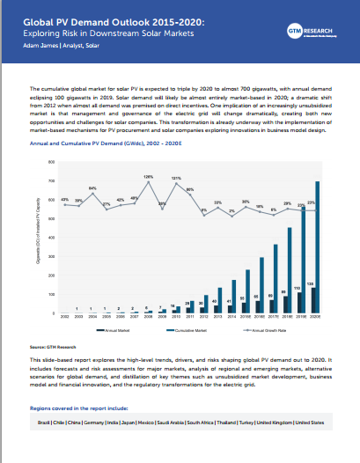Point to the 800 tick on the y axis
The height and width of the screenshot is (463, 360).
click(51, 162)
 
